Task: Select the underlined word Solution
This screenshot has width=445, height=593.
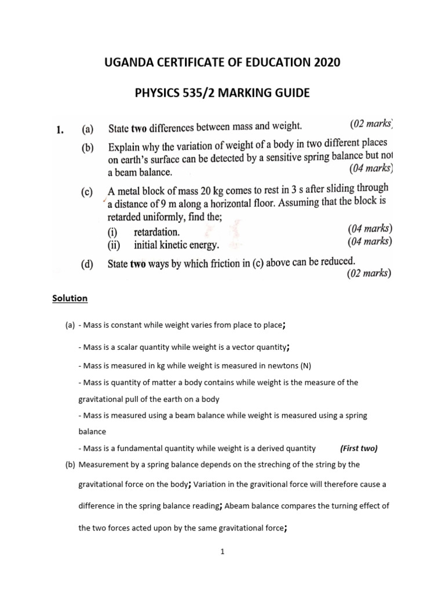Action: (x=70, y=298)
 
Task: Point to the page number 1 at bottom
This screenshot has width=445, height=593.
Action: (x=222, y=552)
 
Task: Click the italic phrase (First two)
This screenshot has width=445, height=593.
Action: (x=359, y=448)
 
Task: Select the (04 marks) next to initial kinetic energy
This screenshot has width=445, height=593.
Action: (x=370, y=241)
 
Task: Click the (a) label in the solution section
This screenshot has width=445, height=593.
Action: (x=70, y=325)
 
